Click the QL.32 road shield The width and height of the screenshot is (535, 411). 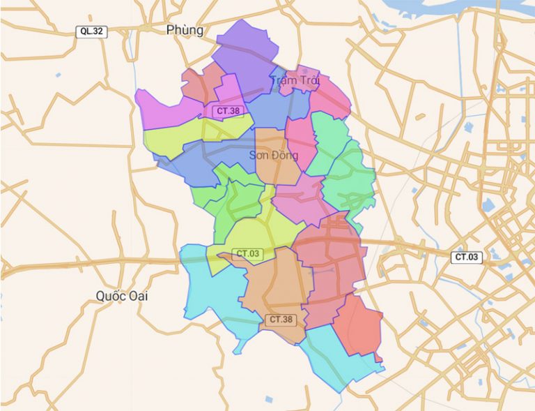coord(91,31)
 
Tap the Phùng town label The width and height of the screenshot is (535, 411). coord(185,30)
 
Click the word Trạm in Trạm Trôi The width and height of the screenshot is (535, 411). coord(284,80)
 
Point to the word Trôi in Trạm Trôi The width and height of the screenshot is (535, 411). coord(309,80)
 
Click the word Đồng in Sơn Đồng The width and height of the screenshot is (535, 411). coord(286,155)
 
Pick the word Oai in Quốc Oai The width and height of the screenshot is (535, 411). coord(138,296)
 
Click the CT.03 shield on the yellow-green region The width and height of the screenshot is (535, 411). coord(248,253)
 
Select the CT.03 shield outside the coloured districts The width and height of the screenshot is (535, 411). coord(467,257)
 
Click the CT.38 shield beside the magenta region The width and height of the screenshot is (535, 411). coord(228,110)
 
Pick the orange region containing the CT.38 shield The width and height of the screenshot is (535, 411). coord(275,286)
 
